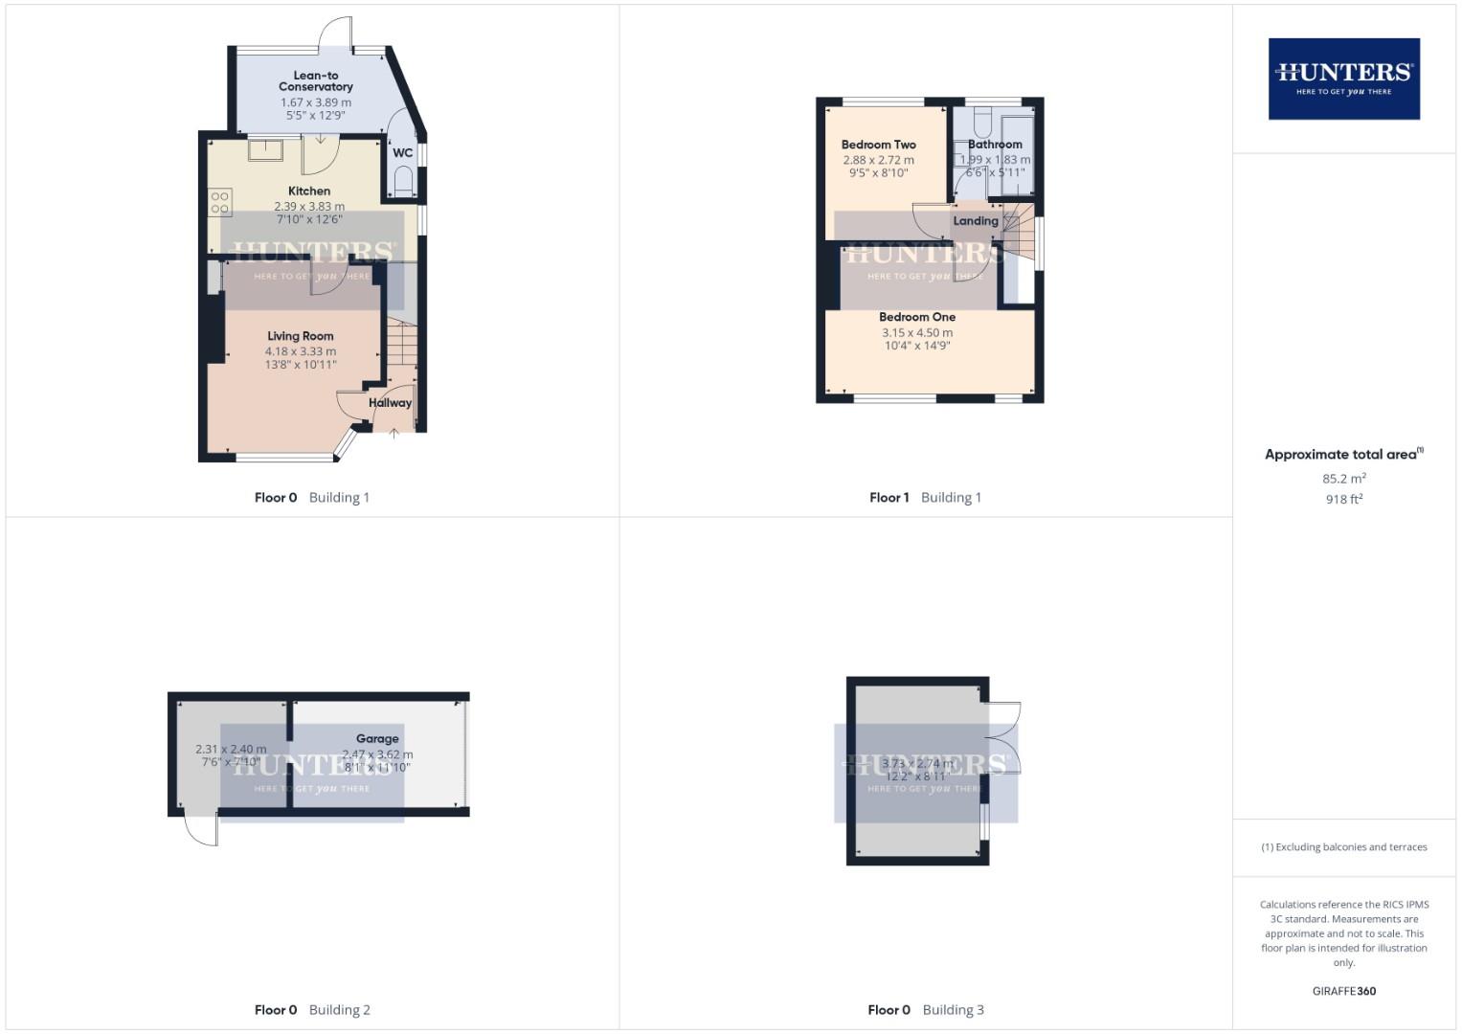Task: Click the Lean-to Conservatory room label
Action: (316, 81)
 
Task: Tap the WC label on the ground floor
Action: (403, 153)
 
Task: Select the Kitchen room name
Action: (309, 191)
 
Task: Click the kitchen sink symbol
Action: (265, 150)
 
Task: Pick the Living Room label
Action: (301, 336)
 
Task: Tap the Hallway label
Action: (391, 403)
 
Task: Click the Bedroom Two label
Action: (879, 145)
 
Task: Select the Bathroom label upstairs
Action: (995, 145)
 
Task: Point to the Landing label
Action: (976, 221)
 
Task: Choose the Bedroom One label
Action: (917, 317)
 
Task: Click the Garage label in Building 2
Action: (377, 739)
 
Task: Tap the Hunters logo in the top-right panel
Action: (1343, 79)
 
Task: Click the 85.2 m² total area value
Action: (1344, 479)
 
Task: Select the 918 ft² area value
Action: (1344, 499)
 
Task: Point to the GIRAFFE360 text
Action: (1344, 991)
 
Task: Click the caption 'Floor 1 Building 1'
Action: (925, 498)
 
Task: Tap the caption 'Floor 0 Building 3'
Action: (925, 1010)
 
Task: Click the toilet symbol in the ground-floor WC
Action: (403, 181)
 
